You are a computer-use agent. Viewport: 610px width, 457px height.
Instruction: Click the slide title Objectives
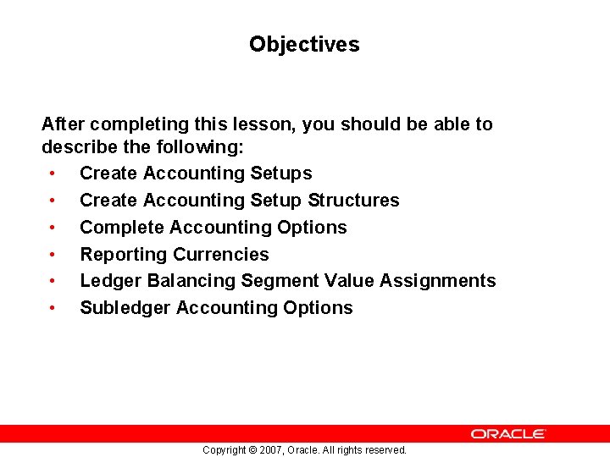point(304,44)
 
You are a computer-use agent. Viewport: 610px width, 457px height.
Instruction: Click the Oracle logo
point(508,433)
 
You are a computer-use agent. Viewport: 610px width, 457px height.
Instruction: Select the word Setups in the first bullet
point(281,173)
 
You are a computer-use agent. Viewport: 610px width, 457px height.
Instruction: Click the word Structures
point(353,201)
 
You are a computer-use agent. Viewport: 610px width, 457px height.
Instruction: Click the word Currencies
point(221,255)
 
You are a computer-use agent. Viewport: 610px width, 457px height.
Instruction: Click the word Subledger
point(125,308)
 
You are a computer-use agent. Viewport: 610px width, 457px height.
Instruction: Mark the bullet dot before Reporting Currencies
point(53,255)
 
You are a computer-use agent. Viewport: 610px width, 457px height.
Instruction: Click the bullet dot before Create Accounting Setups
point(53,173)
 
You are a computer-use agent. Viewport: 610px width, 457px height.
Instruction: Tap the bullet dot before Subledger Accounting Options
point(53,308)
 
